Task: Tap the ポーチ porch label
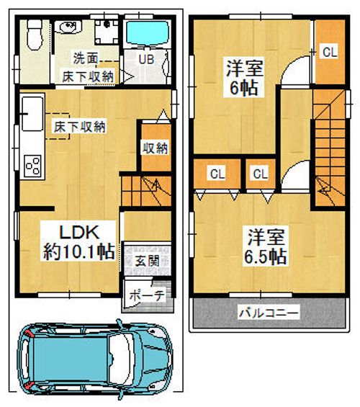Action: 148,295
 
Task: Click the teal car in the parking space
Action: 94,357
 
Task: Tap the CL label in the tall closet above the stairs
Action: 329,52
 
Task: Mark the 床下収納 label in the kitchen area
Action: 78,127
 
